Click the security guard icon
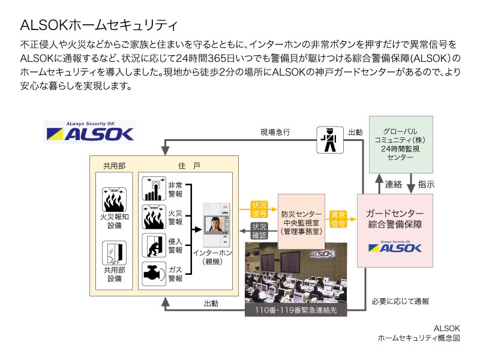[329, 140]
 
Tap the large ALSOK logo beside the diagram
[90, 132]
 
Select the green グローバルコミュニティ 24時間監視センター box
[401, 144]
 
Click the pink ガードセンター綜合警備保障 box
[395, 230]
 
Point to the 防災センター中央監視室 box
[301, 221]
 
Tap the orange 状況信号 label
[259, 209]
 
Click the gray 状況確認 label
[259, 231]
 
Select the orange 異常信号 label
[338, 219]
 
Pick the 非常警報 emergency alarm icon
[154, 188]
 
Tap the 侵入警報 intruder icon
[154, 245]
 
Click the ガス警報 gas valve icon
[154, 274]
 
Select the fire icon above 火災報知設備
[114, 199]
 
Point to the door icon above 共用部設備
[114, 253]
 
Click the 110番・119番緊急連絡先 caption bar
[296, 310]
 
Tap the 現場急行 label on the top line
[275, 132]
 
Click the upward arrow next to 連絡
[379, 184]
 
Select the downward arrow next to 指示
[411, 184]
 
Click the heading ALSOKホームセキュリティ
[98, 25]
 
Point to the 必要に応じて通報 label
[400, 302]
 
